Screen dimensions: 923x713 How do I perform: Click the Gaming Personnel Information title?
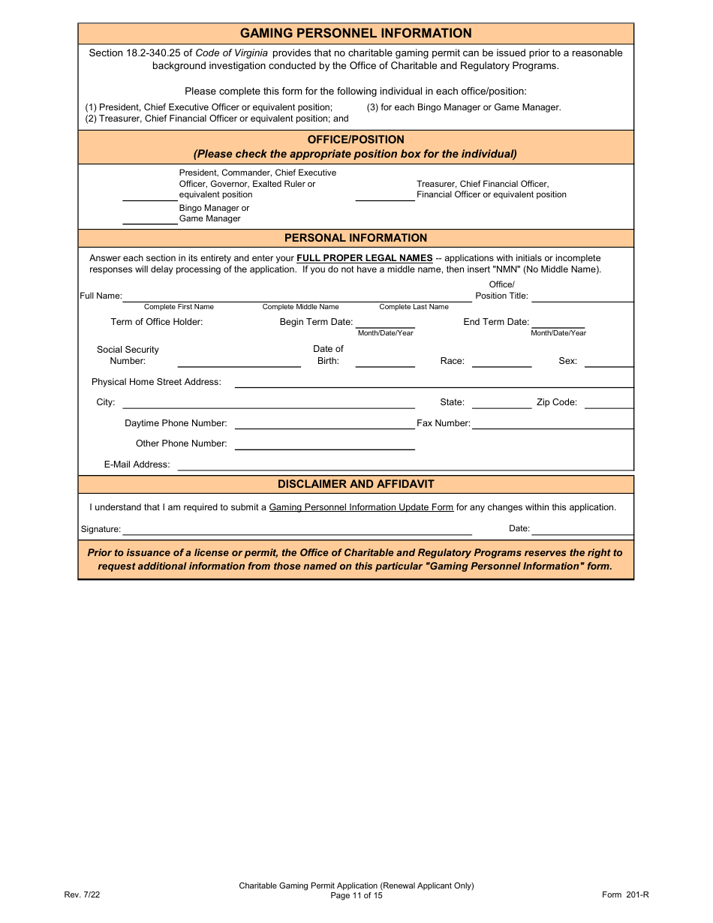click(x=356, y=33)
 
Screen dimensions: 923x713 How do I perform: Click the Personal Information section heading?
click(x=356, y=238)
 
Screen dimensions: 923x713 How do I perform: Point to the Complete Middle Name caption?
click(x=300, y=307)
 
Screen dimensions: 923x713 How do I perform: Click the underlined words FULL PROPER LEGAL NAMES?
click(x=365, y=258)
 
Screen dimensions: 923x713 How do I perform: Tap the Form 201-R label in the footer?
click(x=625, y=894)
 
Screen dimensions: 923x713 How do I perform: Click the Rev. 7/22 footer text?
click(x=82, y=894)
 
